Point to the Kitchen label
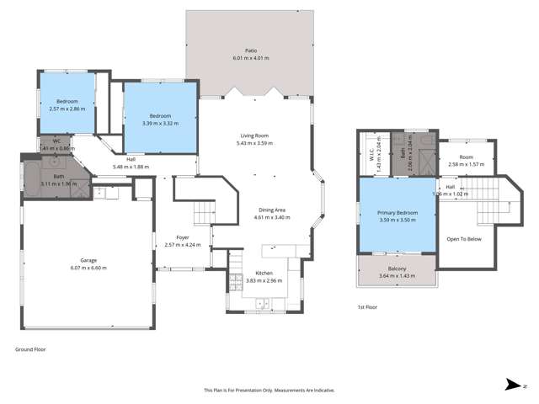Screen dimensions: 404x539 (264, 274)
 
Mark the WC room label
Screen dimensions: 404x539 (56, 141)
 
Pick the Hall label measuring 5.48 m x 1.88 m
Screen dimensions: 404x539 (131, 160)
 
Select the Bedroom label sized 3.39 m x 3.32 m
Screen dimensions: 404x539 (160, 115)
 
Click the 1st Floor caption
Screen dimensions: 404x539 (367, 307)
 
